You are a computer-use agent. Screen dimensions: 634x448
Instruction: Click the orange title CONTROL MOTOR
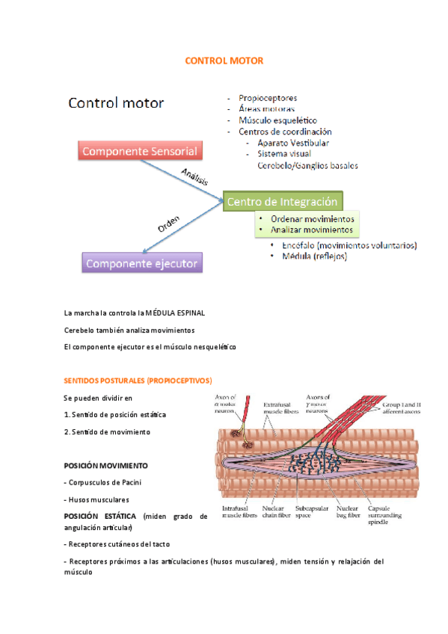tap(224, 60)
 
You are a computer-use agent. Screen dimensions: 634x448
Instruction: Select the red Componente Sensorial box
tap(140, 151)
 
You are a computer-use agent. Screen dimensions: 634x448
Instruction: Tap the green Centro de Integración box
tap(283, 200)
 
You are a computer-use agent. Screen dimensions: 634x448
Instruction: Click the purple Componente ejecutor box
tap(141, 263)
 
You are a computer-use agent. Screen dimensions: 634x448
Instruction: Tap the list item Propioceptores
tap(267, 98)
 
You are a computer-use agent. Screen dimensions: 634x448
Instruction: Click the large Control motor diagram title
tap(116, 102)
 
